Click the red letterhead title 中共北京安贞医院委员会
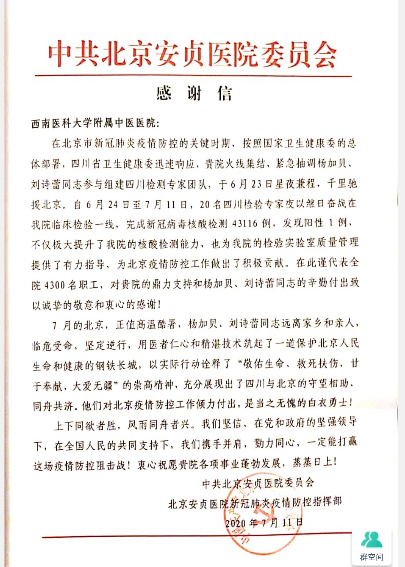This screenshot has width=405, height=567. (192, 55)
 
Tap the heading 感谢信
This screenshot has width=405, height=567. (194, 93)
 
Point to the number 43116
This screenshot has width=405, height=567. (245, 224)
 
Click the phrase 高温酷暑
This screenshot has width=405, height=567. (156, 324)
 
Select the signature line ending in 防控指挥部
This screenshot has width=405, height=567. (255, 503)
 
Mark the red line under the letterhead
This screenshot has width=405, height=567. (193, 76)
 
